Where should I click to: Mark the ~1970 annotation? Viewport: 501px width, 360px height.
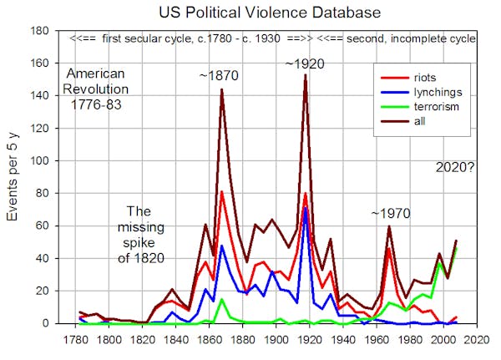click(x=391, y=214)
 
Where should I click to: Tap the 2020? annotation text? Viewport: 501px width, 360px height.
click(x=455, y=167)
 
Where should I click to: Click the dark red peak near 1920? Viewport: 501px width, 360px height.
click(x=306, y=75)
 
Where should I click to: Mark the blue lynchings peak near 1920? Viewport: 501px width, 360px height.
click(x=306, y=208)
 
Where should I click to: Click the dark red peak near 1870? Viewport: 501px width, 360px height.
click(x=222, y=90)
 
